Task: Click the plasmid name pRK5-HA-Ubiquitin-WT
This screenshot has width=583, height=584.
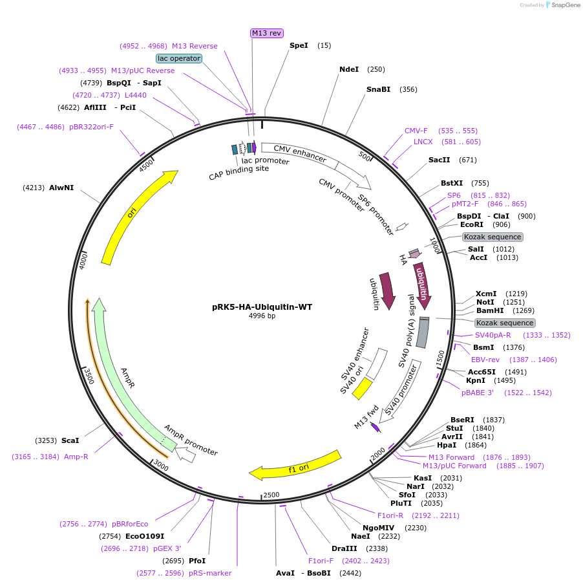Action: pos(262,307)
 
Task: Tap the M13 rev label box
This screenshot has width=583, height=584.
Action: pos(267,33)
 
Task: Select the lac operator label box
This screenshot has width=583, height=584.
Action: pos(179,58)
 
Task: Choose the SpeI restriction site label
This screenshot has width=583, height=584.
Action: pos(299,45)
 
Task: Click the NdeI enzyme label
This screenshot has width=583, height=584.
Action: pos(349,69)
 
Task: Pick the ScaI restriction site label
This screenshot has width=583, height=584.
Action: pos(70,440)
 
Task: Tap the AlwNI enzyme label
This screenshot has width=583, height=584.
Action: pos(61,188)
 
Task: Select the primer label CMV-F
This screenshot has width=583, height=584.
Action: pos(416,131)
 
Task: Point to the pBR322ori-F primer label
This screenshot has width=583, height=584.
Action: pos(91,127)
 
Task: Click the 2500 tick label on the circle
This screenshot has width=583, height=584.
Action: pos(271,495)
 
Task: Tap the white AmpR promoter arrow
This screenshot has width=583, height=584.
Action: pos(187,454)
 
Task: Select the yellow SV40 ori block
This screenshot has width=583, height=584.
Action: pos(361,388)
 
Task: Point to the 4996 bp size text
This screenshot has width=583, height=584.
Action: pos(262,316)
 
